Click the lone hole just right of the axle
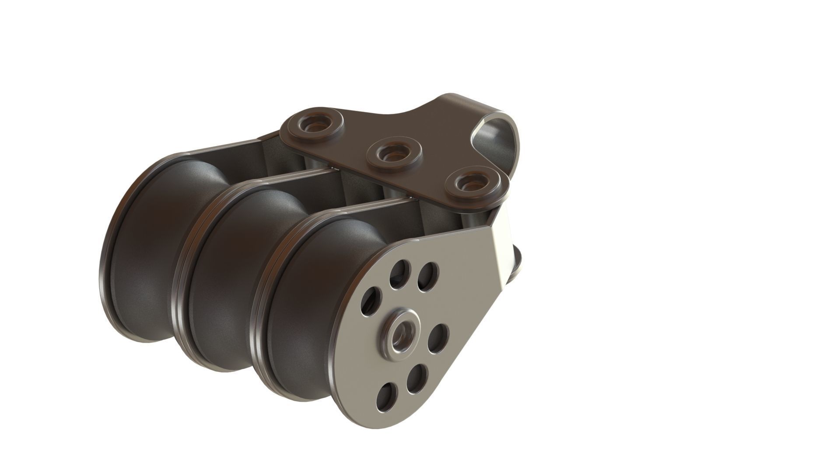coord(438,339)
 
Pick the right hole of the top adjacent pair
coord(428,277)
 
